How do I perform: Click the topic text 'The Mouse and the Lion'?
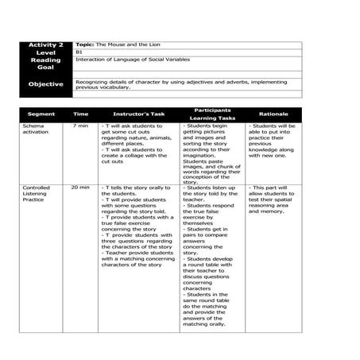coord(118,45)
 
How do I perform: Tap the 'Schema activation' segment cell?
coord(36,129)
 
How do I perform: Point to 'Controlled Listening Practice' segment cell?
coord(37,194)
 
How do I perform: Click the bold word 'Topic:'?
coord(84,45)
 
